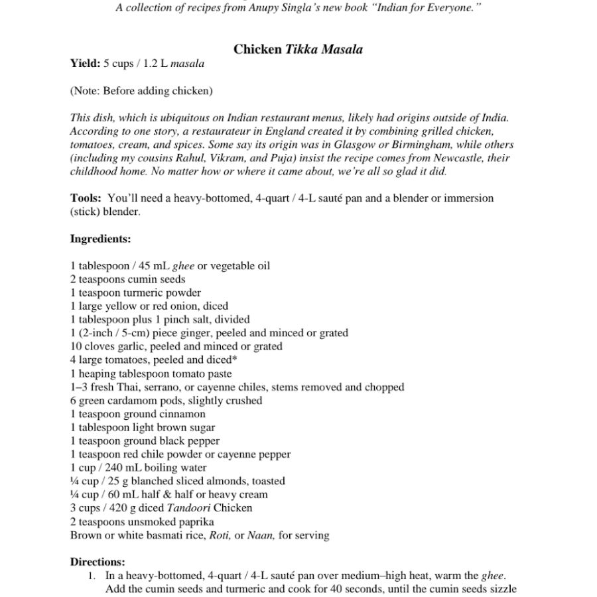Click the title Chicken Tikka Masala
298,49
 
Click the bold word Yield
84,64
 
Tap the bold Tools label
86,198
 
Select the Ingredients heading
100,239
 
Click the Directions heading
97,562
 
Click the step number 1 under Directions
92,576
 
